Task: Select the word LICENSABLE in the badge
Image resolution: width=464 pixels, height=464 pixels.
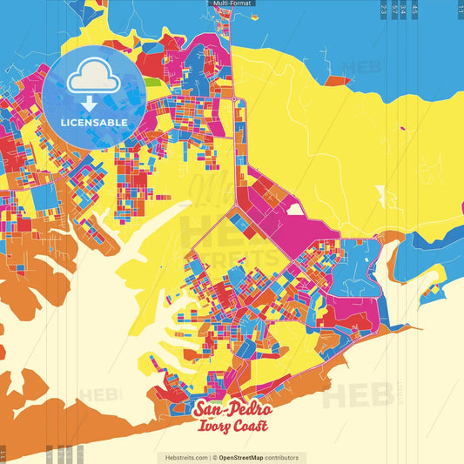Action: click(x=94, y=122)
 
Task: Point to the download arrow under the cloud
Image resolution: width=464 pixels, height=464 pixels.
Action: click(x=90, y=104)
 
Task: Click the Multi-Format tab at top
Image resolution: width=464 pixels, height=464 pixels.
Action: click(x=231, y=4)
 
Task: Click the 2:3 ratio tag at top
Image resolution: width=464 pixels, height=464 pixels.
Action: click(x=384, y=9)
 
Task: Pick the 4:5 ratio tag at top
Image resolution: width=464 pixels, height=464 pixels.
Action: click(x=415, y=9)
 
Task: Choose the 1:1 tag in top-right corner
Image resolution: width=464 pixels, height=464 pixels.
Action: click(x=460, y=9)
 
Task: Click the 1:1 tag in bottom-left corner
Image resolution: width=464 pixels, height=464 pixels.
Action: click(x=3, y=454)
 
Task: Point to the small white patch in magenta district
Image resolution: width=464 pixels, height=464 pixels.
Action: click(x=296, y=209)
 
